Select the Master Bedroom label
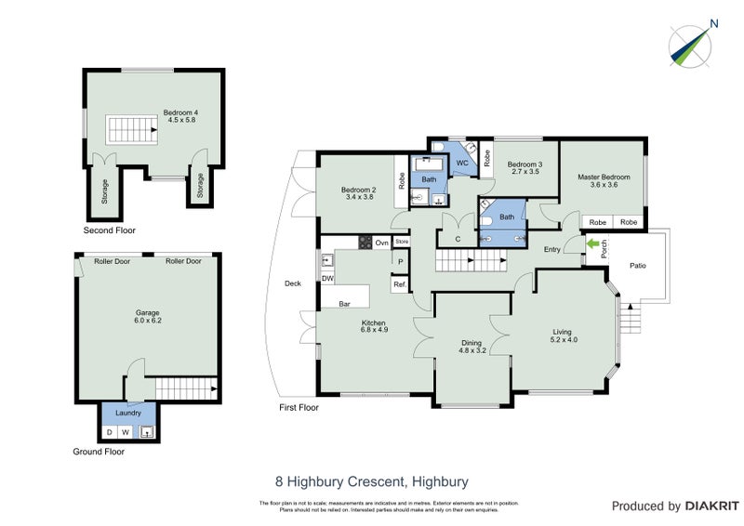tap(604, 177)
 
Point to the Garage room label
tap(148, 315)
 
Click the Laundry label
tap(128, 414)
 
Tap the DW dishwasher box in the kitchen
tap(326, 278)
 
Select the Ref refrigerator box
tap(399, 284)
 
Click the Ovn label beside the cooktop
tap(381, 243)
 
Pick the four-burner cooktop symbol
tap(365, 243)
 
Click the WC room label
tap(461, 163)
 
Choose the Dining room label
tap(472, 344)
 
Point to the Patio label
tap(637, 267)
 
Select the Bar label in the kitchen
tap(343, 303)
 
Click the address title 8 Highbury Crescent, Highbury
tap(371, 481)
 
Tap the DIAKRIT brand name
tap(710, 506)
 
